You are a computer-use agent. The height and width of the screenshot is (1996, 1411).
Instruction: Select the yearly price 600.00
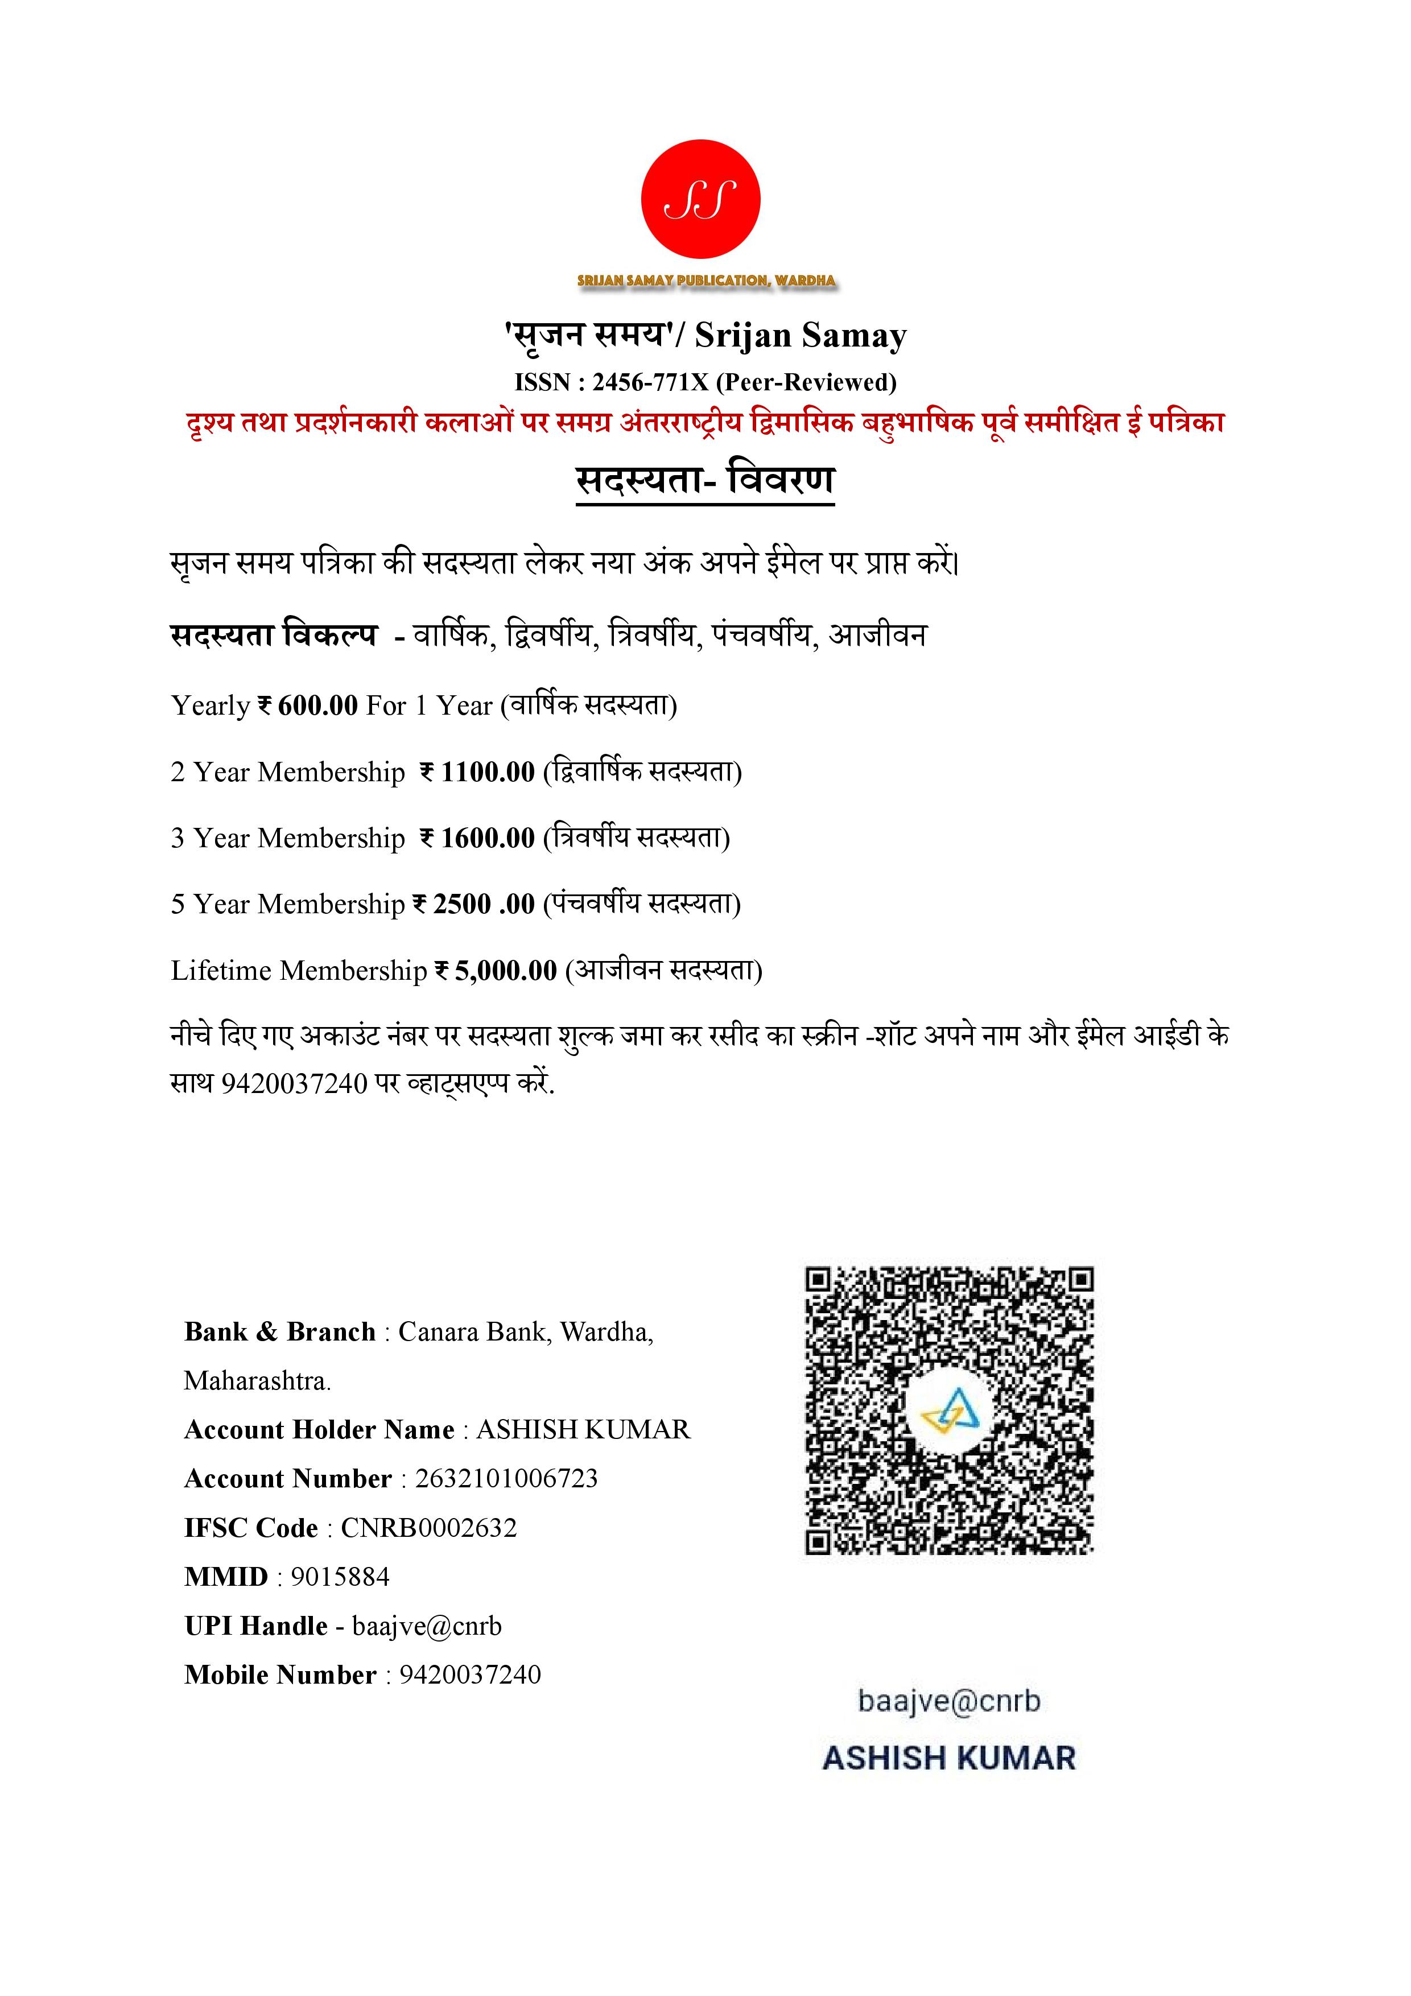click(x=317, y=705)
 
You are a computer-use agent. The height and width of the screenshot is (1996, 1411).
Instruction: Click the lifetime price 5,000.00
click(x=505, y=970)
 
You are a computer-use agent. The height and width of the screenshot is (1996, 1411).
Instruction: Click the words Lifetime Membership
click(x=298, y=970)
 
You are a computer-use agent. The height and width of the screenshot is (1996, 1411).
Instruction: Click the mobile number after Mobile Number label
click(x=469, y=1675)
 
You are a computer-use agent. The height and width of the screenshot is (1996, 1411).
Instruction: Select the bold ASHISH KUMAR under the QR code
click(x=948, y=1758)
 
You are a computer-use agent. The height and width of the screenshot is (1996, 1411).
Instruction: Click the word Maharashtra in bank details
click(x=257, y=1380)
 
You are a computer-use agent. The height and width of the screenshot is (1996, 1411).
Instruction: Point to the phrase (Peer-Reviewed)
click(x=806, y=382)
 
